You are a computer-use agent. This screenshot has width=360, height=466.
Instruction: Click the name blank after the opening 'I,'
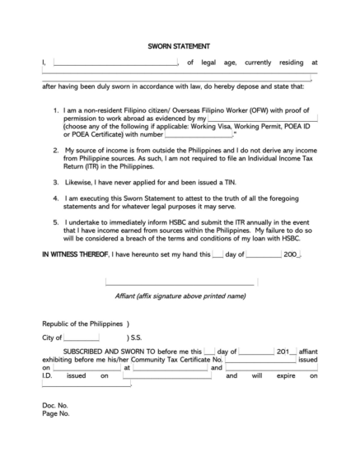(x=115, y=62)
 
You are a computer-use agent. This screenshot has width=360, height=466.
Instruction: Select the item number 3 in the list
(x=55, y=181)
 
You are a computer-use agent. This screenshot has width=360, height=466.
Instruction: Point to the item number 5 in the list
(x=55, y=222)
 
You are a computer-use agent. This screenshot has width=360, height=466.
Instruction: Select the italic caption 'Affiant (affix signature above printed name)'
(x=180, y=295)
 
